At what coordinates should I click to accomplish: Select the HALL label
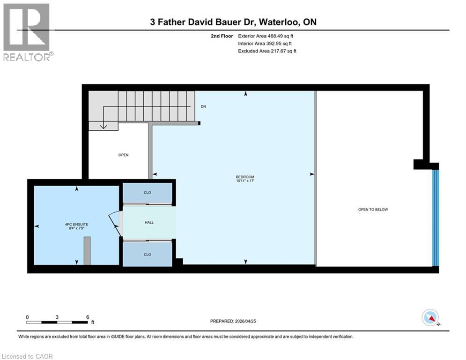[148, 222]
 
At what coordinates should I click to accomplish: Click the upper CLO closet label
[148, 192]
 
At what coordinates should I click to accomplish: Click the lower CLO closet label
[148, 254]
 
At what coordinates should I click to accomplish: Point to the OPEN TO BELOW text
[373, 210]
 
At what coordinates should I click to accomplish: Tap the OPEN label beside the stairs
[123, 155]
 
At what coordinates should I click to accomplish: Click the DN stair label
[203, 106]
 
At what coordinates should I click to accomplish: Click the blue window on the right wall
[436, 217]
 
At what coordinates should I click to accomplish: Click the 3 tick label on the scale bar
[57, 317]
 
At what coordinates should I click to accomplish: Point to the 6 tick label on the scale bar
[87, 317]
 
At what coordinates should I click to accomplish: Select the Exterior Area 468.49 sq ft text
[266, 36]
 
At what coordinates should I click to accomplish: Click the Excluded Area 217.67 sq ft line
[267, 51]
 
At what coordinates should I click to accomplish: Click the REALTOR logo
[27, 32]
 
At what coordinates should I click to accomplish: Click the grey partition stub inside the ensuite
[87, 250]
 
